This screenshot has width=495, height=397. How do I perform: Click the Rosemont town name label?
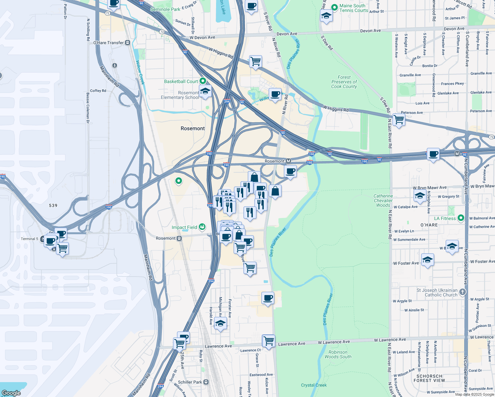pos(193,128)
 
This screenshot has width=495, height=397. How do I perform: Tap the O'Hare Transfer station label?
pos(109,43)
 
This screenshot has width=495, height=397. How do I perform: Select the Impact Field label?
pos(184,227)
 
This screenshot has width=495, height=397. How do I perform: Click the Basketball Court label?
pos(181,81)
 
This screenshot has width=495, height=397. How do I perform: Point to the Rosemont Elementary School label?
pos(180,95)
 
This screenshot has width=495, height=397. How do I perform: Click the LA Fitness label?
pos(445,218)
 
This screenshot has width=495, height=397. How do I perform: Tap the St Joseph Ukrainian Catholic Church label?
pos(437,292)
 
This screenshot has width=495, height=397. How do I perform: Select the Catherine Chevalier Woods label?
pos(383,200)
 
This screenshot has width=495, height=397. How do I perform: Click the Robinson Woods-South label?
pos(338,354)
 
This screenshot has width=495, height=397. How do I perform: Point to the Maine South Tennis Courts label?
pos(354,8)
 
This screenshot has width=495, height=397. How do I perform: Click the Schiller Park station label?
pos(190,382)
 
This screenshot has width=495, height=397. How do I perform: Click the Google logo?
pos(11,393)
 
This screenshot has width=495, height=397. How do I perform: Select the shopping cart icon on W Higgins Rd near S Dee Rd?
pos(399,119)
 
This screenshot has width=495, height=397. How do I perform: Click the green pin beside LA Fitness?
pos(461,218)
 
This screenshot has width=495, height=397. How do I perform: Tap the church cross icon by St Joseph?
pos(463,292)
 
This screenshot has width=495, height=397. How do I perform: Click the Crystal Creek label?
pos(314,385)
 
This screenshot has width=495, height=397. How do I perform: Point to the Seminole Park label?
pos(165,9)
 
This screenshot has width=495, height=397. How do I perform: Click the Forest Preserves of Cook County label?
pos(344,82)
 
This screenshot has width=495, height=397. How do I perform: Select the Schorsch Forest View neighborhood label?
pos(429,378)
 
